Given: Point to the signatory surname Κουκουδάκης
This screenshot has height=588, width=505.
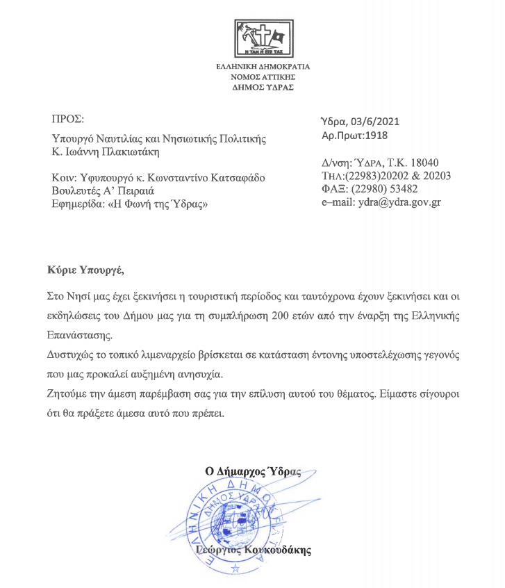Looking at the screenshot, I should click(281, 550).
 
